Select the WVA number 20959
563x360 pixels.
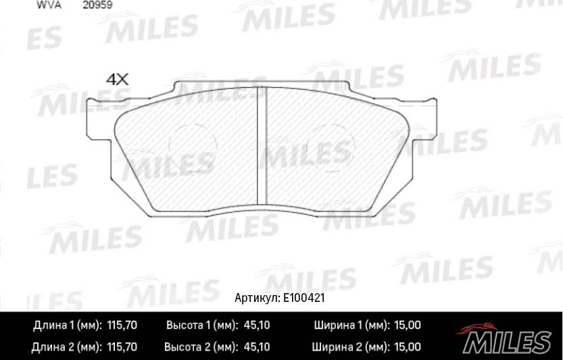coord(97,4)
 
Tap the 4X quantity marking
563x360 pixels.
coord(118,79)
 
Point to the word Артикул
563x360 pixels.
coord(255,297)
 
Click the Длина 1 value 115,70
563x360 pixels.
coord(122,326)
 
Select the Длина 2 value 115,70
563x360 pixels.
coord(122,348)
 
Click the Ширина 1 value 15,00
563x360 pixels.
coord(406,326)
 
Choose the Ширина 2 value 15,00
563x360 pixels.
coord(406,348)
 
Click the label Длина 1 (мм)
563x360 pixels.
coord(67,326)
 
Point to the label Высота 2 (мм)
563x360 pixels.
coord(201,348)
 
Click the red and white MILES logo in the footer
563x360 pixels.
coord(506,336)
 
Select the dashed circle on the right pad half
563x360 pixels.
coord(331,149)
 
